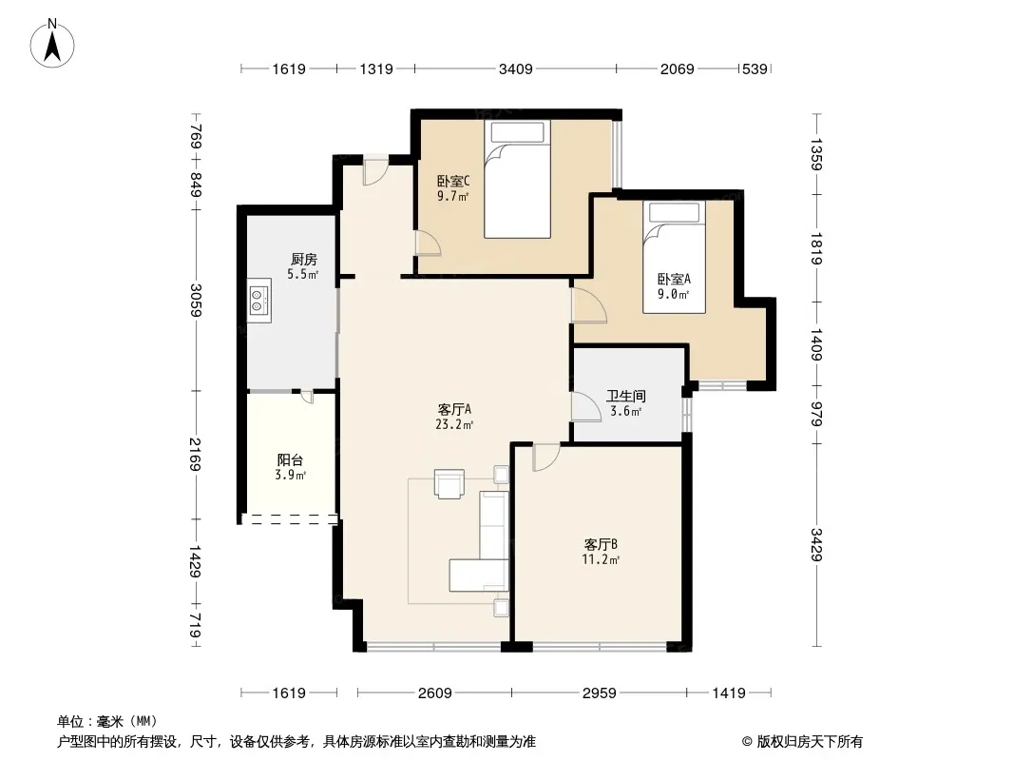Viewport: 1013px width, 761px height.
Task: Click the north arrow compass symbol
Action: [52, 43]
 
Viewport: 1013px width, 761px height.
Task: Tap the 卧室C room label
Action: [453, 181]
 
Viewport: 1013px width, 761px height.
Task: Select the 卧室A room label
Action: [674, 280]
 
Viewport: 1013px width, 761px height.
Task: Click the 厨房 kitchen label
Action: [304, 260]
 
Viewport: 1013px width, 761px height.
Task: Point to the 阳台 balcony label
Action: [290, 459]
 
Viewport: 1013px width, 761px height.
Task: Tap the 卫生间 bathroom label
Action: [626, 396]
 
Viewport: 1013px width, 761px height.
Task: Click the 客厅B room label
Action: [601, 544]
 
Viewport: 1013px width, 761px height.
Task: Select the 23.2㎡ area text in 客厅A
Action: [454, 425]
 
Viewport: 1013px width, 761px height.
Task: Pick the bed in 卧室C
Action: [518, 179]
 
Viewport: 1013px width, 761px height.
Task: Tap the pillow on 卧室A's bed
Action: [675, 213]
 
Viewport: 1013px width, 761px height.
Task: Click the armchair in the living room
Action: [449, 483]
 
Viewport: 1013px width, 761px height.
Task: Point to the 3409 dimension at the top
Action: [516, 68]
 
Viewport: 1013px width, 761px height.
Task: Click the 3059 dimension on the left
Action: [196, 300]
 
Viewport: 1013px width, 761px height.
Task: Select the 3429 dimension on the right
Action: [816, 544]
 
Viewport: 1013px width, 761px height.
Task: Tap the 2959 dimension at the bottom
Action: [599, 693]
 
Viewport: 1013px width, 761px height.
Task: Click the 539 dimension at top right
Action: [755, 68]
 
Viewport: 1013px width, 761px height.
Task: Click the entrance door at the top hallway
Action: [374, 171]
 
